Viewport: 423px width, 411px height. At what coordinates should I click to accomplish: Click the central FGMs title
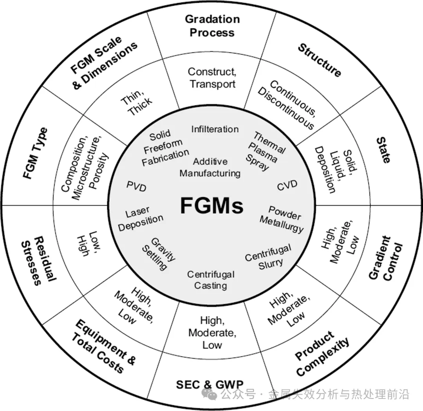(211, 205)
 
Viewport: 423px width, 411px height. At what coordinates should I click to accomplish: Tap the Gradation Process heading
(212, 25)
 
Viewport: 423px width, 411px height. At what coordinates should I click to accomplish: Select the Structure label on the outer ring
(319, 60)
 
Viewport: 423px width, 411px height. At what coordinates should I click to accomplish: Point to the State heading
(383, 150)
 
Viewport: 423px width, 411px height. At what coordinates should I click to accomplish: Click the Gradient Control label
(386, 258)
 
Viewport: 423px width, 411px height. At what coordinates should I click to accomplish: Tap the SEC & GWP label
(210, 384)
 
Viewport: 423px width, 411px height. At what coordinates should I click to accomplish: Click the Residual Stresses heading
(37, 260)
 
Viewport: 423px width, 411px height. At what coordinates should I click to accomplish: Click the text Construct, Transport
(212, 78)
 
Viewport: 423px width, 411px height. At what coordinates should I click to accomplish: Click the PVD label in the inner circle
(136, 187)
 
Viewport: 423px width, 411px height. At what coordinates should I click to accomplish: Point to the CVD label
(287, 185)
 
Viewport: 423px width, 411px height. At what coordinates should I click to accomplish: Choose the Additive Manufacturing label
(210, 167)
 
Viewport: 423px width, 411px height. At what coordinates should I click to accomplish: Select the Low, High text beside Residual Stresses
(87, 242)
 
